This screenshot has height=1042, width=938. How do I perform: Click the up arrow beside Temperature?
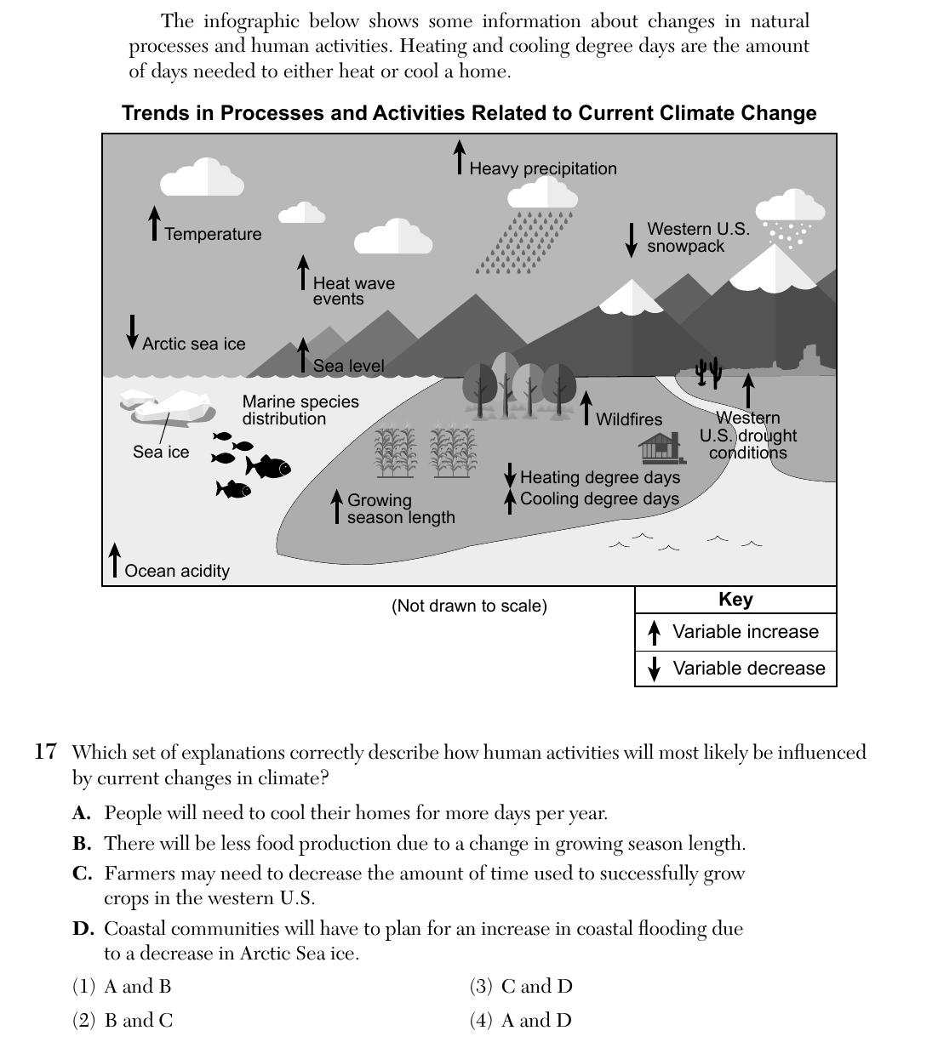(x=154, y=223)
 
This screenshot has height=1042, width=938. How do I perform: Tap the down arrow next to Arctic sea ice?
(x=132, y=332)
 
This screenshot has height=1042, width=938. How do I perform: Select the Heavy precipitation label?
(x=543, y=168)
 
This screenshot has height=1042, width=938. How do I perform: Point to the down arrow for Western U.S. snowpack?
(x=632, y=240)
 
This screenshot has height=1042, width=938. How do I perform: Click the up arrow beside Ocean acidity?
(x=114, y=560)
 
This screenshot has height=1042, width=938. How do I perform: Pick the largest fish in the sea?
(x=268, y=466)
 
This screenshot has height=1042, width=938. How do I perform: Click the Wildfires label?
(x=629, y=419)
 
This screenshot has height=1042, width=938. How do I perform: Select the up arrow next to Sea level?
(x=303, y=355)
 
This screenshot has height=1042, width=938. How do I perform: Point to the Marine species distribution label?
(x=300, y=410)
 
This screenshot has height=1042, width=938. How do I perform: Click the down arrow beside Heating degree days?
(x=510, y=475)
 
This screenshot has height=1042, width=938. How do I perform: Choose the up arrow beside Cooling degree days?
(x=510, y=502)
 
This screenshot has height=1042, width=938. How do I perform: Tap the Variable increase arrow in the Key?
(x=654, y=633)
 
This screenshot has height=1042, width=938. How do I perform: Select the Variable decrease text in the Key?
(x=749, y=668)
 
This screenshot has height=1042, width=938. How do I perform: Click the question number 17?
(x=45, y=752)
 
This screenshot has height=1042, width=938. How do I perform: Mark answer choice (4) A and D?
(x=520, y=1020)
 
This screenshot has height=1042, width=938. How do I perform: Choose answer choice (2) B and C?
(x=123, y=1020)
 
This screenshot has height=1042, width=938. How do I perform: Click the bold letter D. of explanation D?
(x=83, y=928)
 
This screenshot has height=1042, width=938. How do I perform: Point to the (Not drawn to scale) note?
(x=469, y=606)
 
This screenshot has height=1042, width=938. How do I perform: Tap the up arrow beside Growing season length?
(x=337, y=506)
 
